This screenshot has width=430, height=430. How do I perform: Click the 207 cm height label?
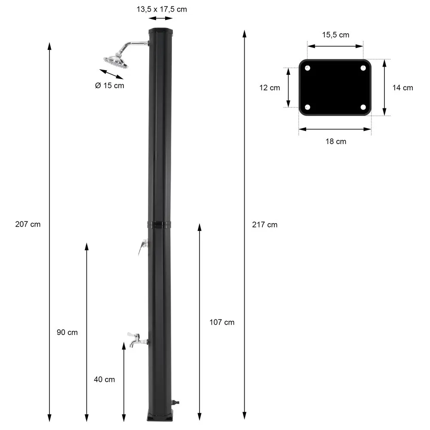[x=28, y=224]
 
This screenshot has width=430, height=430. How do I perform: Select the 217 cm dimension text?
[x=264, y=225]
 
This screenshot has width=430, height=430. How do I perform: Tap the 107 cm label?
[x=222, y=322]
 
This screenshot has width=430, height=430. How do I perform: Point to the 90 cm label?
[x=67, y=332]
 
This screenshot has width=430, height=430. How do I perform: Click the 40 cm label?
[x=104, y=380]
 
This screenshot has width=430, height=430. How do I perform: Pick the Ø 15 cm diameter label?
[x=110, y=86]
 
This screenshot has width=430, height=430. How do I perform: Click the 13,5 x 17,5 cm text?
[x=162, y=9]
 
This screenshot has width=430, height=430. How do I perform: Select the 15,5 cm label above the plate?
[x=336, y=35]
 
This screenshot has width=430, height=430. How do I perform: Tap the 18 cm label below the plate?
[x=336, y=141]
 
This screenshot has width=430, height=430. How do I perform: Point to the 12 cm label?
[x=270, y=88]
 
